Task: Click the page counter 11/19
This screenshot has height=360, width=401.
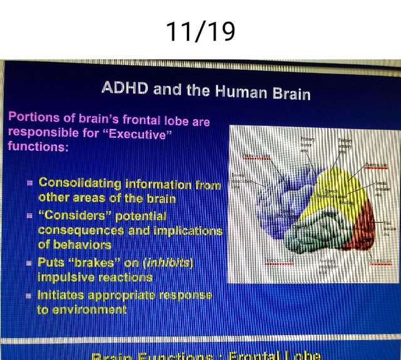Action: click(200, 30)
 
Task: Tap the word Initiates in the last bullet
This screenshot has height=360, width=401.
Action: click(63, 294)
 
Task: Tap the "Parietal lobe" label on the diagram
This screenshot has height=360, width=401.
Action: click(376, 166)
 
